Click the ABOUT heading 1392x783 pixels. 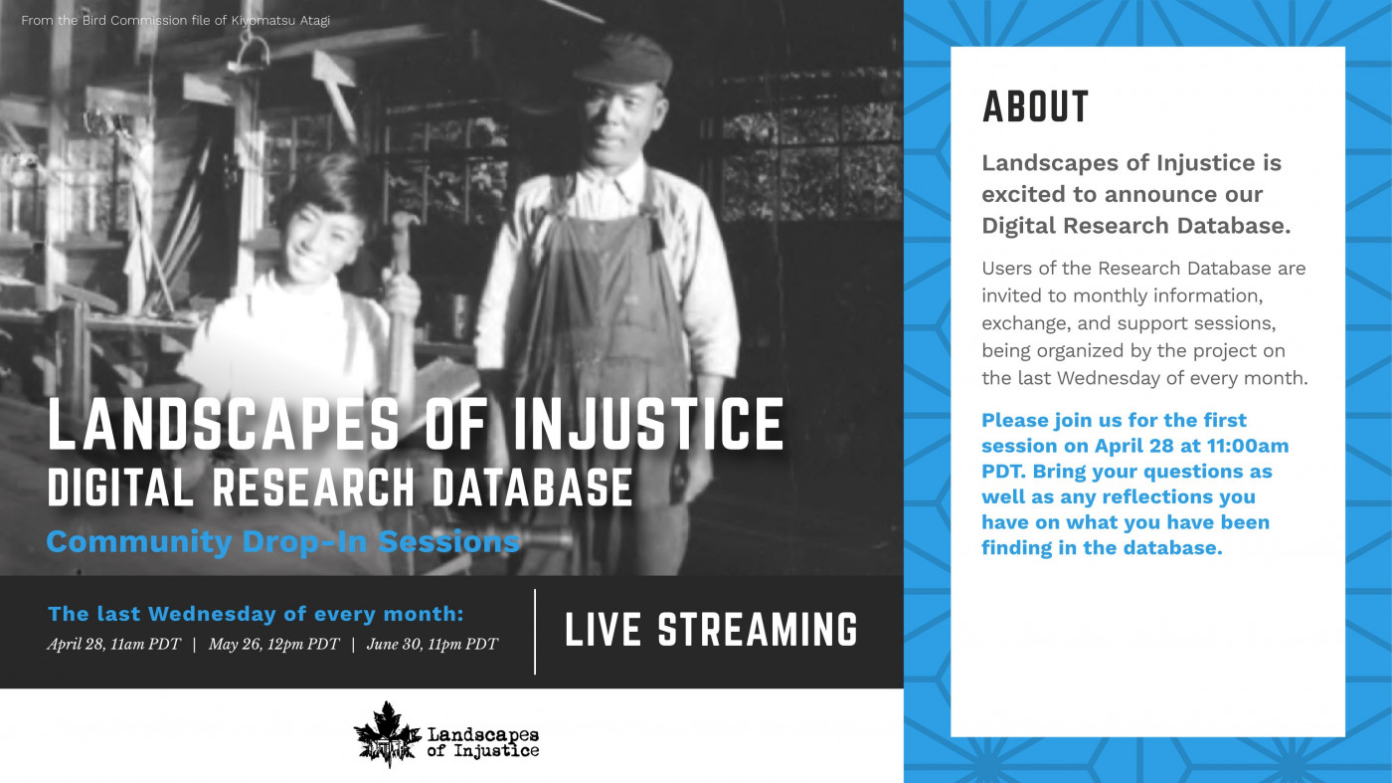(x=1035, y=106)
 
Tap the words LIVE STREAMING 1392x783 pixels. (x=711, y=630)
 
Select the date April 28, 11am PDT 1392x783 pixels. (x=113, y=644)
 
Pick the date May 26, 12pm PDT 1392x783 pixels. (x=274, y=644)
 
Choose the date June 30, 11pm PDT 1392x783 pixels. (x=433, y=644)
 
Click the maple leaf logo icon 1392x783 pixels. (x=387, y=734)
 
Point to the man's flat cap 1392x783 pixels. (x=623, y=61)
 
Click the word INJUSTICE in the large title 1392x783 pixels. (x=647, y=424)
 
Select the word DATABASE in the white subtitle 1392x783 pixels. (x=533, y=487)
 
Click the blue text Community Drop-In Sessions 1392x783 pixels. (x=282, y=541)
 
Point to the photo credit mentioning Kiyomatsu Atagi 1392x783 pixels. (x=175, y=21)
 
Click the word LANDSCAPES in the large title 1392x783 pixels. (x=224, y=424)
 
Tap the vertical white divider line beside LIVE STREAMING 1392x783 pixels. (x=535, y=631)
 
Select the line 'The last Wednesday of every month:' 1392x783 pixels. (x=257, y=614)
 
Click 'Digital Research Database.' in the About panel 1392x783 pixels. (x=1135, y=226)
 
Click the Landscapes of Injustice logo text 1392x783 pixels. (x=483, y=742)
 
